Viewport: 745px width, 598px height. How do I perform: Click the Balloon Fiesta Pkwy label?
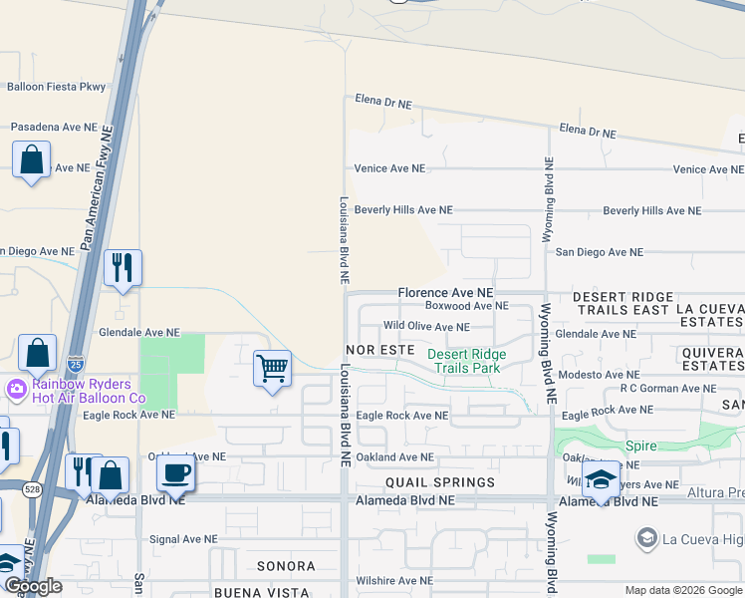56,87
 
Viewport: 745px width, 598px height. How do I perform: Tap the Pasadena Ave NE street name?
54,128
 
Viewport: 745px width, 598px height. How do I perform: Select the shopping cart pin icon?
272,369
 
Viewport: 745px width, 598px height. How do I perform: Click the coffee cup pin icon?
175,473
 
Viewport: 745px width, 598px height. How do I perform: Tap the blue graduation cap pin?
601,478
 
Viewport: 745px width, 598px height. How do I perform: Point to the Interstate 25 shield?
76,364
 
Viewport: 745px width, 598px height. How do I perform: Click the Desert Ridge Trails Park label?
467,361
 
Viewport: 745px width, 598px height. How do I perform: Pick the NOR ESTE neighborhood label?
379,351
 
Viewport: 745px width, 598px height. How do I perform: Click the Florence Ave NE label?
445,293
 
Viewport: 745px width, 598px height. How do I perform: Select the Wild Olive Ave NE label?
425,326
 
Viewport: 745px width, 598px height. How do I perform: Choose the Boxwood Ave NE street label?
466,306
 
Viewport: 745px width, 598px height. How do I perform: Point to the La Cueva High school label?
703,539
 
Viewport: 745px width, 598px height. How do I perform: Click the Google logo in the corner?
33,587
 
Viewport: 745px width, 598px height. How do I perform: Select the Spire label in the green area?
641,447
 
